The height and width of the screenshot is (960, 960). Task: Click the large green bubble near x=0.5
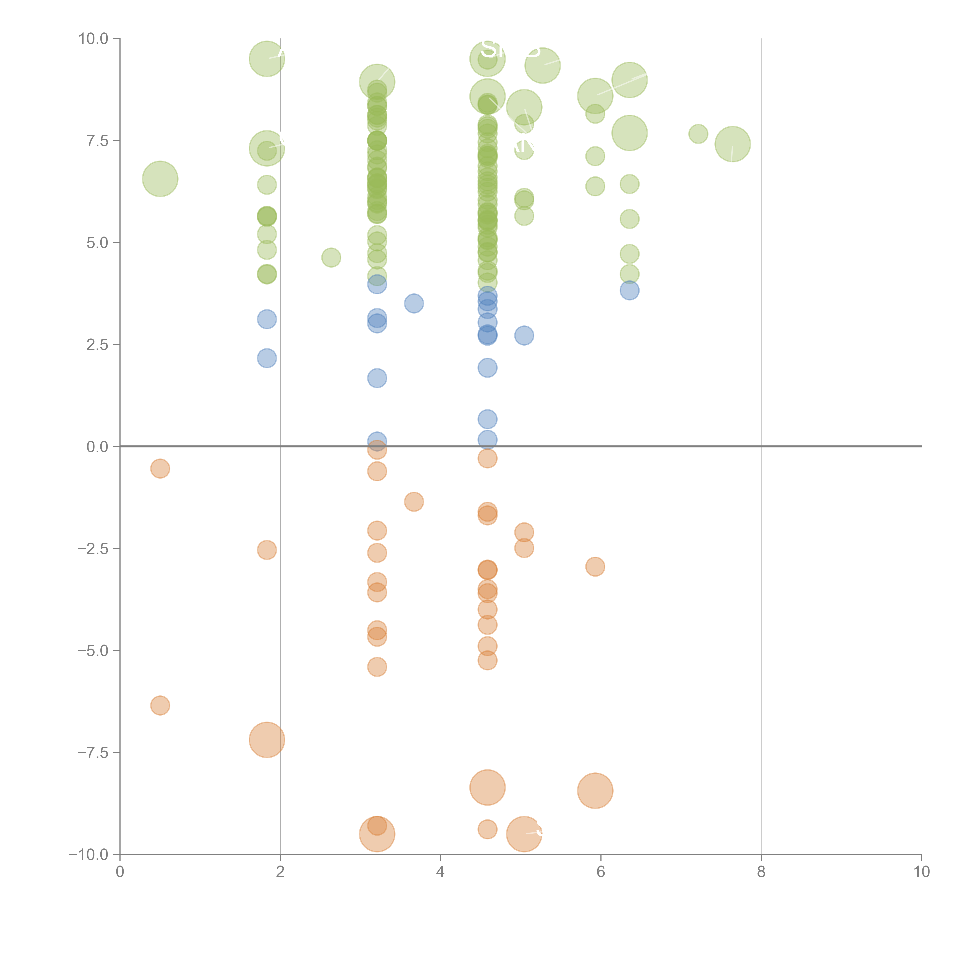(x=160, y=179)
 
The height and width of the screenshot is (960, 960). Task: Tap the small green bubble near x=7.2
(x=698, y=134)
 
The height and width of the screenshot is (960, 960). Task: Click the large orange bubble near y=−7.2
(x=267, y=740)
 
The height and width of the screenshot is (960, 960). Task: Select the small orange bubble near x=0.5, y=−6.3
(x=160, y=705)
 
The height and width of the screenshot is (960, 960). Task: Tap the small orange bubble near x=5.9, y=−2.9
(x=595, y=566)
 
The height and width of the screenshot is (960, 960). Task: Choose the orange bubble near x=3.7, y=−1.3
(x=414, y=502)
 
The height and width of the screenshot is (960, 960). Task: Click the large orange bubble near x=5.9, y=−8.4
(x=595, y=790)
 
